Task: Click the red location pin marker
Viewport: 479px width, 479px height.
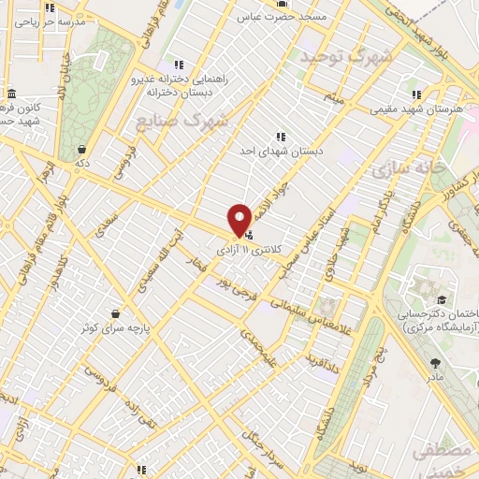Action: click(x=239, y=219)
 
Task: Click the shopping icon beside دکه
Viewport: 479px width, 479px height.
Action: click(x=83, y=149)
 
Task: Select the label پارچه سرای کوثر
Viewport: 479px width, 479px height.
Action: click(x=114, y=328)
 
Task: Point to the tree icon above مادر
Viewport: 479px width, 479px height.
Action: click(x=434, y=362)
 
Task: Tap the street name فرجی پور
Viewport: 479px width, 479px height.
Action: click(x=235, y=291)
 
